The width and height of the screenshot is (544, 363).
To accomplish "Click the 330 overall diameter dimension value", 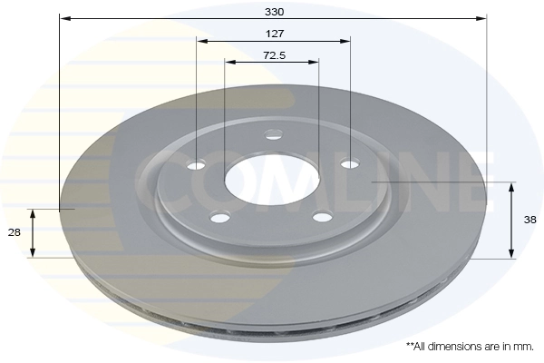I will (274, 12).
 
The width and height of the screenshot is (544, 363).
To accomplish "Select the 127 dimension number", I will (274, 34).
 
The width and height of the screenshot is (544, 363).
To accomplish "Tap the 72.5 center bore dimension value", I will (274, 55).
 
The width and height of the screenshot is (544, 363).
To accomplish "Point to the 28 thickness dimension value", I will (15, 233).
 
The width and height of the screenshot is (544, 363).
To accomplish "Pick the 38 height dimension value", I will (531, 220).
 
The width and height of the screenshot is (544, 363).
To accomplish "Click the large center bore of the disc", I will (272, 178).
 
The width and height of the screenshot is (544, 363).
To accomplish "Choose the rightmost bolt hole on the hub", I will (349, 163).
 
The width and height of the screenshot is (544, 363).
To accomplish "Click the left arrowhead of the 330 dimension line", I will (63, 17).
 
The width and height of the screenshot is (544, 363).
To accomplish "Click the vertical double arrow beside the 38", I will (510, 220).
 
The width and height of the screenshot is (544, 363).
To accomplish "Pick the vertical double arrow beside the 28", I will (34, 232).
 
